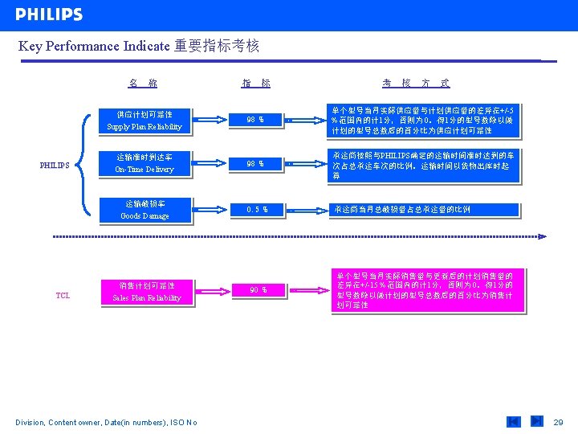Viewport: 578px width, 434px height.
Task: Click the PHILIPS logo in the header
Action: [x=49, y=14]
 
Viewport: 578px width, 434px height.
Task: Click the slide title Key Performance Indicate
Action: [x=138, y=46]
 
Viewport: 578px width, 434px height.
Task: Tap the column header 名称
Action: [x=143, y=83]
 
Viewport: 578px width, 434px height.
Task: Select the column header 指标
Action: [x=256, y=83]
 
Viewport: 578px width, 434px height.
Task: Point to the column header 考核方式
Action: [x=415, y=83]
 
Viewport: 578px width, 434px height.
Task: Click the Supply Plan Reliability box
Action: [x=144, y=121]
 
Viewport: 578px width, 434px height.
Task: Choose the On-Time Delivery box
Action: [x=144, y=163]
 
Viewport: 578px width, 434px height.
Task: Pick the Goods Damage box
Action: [x=144, y=210]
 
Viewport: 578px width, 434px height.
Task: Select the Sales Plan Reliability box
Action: [x=147, y=292]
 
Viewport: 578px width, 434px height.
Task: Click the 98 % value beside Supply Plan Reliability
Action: [x=255, y=121]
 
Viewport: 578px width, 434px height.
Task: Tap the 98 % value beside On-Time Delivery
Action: [x=255, y=164]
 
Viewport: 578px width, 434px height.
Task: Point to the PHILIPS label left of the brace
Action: [x=55, y=166]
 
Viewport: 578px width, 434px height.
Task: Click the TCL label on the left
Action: [x=63, y=295]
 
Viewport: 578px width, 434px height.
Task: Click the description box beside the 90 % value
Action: [x=426, y=290]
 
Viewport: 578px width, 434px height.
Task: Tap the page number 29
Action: [x=559, y=422]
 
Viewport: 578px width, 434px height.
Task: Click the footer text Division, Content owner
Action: [x=106, y=423]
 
